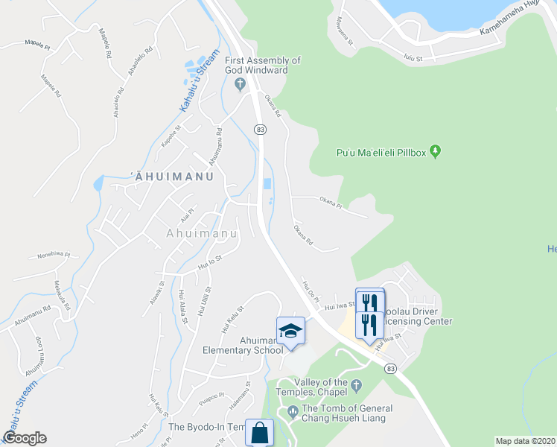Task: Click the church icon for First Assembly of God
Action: pos(241,85)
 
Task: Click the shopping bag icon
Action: pos(259,433)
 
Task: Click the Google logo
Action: pos(25,438)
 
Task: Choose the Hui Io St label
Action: pos(211,260)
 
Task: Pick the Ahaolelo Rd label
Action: pos(140,60)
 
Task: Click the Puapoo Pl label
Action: pos(211,396)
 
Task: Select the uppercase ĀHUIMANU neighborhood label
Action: pos(172,177)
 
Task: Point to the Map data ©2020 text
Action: pos(525,441)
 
